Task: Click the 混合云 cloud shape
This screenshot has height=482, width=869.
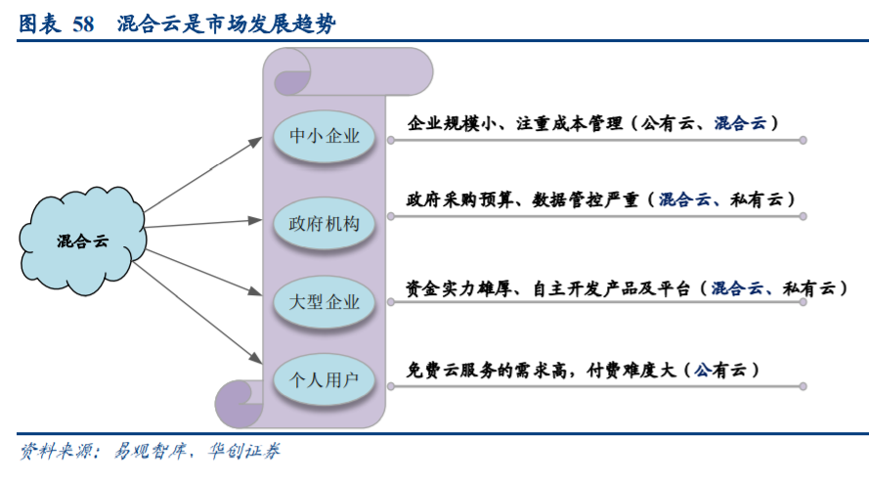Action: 82,239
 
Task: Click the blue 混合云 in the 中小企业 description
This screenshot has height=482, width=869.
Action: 740,123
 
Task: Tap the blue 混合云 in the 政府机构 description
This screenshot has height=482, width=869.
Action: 684,199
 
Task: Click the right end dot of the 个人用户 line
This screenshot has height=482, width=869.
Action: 803,388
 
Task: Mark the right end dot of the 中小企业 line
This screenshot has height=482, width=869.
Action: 803,140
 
